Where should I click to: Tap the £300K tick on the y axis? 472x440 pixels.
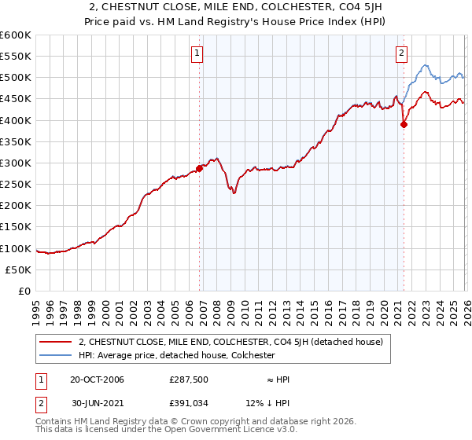(16, 163)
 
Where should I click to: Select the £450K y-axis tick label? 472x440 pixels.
(16, 99)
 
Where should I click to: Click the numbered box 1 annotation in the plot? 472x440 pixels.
(196, 53)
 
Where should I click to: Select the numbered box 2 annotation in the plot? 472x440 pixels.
(401, 53)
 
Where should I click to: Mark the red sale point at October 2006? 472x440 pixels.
(200, 167)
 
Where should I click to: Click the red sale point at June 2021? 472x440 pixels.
(404, 123)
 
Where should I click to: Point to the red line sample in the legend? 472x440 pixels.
(57, 342)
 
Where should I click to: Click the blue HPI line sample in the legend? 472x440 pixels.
(57, 355)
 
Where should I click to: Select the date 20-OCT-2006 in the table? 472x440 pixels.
(97, 379)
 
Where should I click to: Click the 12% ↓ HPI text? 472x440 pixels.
(274, 405)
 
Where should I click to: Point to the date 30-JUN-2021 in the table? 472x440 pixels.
(97, 405)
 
